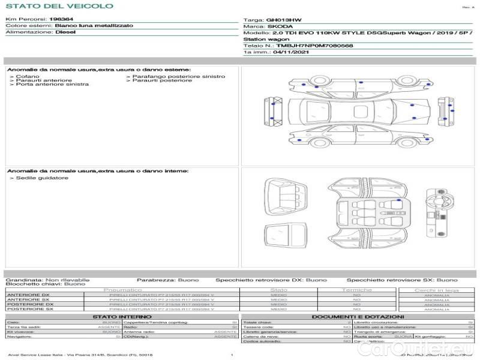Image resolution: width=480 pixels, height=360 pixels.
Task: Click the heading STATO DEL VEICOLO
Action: [59, 6]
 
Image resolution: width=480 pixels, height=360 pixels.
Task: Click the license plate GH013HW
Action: [279, 20]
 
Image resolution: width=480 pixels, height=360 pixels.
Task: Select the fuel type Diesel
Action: [65, 32]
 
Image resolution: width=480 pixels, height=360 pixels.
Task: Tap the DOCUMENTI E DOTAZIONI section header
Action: [358, 316]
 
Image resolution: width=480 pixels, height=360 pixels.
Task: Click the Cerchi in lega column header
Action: [436, 290]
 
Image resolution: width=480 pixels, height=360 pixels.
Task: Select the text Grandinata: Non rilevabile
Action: [47, 280]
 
